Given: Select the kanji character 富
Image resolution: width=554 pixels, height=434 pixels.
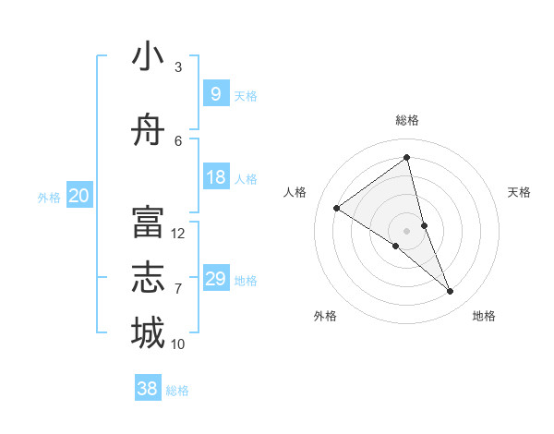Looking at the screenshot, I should click(148, 223).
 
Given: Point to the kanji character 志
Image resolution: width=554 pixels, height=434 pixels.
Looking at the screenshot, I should click(148, 278).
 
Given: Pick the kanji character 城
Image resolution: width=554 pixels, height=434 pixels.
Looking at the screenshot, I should click(148, 332).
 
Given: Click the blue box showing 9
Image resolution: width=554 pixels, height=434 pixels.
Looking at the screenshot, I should click(215, 94).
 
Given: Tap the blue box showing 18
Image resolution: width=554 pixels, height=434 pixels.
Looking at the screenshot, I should click(215, 177).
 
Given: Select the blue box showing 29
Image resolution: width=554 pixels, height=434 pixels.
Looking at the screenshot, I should click(215, 279).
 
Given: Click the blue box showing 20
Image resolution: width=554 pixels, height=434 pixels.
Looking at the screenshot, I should click(78, 196).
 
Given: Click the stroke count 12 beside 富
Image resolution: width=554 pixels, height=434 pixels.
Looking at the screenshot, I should click(178, 234).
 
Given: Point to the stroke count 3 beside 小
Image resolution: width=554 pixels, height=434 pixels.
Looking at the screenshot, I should click(178, 67).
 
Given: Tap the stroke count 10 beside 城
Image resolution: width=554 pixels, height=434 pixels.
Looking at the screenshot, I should click(178, 344).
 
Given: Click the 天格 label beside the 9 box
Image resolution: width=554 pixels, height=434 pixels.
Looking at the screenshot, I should click(246, 96).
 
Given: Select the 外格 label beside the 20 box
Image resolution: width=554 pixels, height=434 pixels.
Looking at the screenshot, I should click(49, 198).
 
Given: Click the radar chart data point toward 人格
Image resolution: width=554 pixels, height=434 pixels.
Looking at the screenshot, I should click(336, 208).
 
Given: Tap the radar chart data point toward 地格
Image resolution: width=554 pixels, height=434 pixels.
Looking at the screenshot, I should click(451, 292).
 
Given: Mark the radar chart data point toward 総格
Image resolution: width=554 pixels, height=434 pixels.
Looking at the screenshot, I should click(406, 158).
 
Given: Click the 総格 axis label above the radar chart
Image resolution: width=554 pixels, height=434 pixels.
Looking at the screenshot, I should click(406, 120).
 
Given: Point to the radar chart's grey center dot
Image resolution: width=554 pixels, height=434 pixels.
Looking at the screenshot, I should click(406, 230).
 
